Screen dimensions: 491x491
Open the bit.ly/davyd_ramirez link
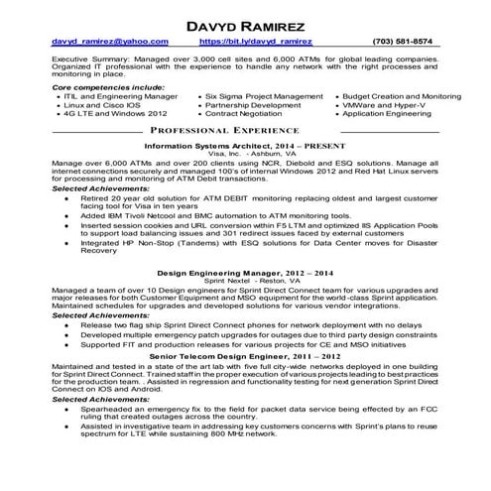pyautogui.click(x=256, y=42)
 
